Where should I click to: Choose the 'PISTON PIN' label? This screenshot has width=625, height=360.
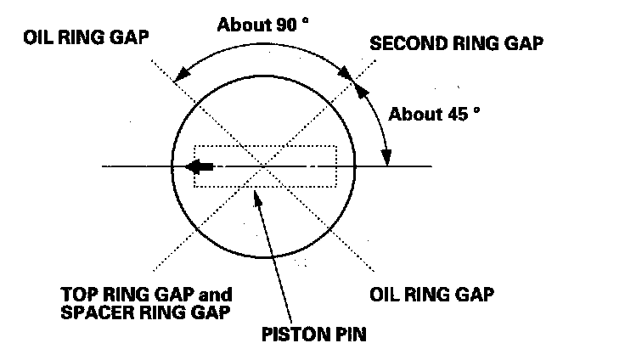tap(314, 334)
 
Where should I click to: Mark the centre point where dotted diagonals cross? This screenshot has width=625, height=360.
tap(265, 166)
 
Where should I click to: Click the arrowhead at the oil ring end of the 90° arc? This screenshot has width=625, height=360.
tap(175, 79)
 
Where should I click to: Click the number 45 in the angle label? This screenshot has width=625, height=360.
tap(453, 113)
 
